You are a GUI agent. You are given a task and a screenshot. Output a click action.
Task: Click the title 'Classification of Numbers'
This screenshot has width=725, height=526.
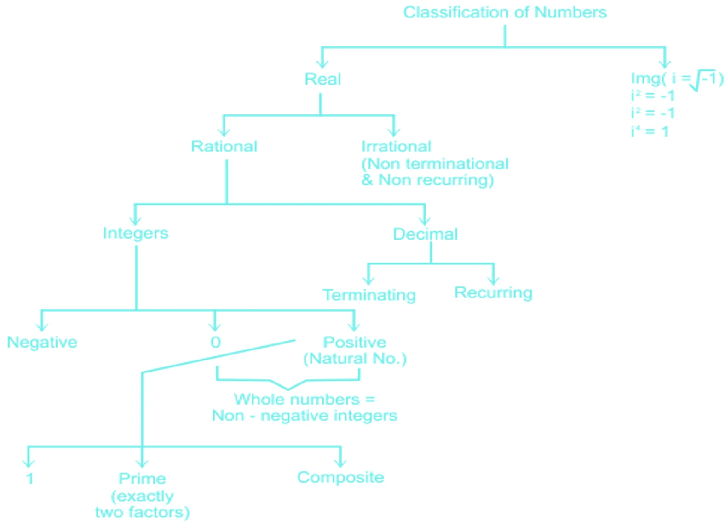505,12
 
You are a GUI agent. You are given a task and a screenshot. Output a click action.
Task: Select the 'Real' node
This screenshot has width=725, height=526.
322,79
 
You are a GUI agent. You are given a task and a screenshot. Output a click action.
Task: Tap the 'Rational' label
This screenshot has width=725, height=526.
224,147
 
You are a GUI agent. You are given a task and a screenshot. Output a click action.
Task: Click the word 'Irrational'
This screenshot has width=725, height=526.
396,147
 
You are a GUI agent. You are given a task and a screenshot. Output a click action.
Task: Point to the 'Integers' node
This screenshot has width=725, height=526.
135,233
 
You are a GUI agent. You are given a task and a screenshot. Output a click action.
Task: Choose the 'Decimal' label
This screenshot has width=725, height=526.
425,234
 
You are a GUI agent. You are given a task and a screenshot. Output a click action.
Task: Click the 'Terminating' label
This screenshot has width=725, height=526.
369,295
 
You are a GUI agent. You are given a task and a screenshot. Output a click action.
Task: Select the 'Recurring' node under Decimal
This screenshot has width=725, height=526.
493,292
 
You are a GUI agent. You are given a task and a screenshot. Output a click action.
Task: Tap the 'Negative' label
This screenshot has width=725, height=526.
42,342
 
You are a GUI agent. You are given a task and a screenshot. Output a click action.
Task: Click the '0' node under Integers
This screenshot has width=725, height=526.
215,342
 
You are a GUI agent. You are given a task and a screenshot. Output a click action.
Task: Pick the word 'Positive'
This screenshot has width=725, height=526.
354,342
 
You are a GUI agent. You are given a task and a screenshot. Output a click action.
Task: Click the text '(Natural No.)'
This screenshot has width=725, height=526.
355,359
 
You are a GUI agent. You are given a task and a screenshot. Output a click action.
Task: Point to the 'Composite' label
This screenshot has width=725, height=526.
340,477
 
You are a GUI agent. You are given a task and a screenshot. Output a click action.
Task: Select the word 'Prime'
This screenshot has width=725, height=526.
142,479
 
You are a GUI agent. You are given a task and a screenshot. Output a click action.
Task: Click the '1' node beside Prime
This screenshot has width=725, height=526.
30,479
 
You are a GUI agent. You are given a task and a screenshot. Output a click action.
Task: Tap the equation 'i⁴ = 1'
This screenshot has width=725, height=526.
650,131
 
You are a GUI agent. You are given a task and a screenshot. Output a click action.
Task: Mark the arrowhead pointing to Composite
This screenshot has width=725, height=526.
340,463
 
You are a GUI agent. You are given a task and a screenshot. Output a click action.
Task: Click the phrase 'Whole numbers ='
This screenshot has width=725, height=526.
304,399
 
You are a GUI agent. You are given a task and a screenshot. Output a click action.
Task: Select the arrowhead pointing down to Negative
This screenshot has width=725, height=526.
42,326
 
